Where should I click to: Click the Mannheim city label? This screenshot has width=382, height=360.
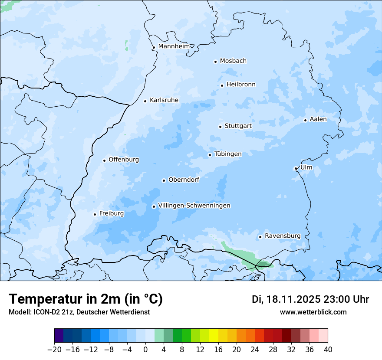(x=173, y=46)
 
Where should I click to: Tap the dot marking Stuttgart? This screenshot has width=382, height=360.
(x=220, y=127)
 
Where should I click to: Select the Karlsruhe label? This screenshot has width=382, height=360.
(x=164, y=100)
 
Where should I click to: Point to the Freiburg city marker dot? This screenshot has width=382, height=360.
(x=95, y=214)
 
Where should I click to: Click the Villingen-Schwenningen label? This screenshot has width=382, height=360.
(x=194, y=206)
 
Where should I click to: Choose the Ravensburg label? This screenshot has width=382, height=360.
(x=282, y=236)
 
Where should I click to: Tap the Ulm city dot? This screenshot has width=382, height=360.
(x=296, y=168)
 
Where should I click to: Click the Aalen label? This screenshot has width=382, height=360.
(x=318, y=119)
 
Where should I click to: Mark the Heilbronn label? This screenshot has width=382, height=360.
(x=241, y=85)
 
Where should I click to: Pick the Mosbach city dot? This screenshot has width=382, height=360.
(x=215, y=62)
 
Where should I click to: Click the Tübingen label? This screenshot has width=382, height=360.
(x=228, y=154)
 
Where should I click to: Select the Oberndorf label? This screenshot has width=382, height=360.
(x=184, y=180)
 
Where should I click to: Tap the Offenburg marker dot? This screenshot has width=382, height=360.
(x=104, y=160)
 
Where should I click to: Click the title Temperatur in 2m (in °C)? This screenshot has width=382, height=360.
(x=86, y=299)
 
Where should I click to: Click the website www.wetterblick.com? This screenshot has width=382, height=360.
(x=313, y=312)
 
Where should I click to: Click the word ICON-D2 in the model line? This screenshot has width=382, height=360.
(x=45, y=312)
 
